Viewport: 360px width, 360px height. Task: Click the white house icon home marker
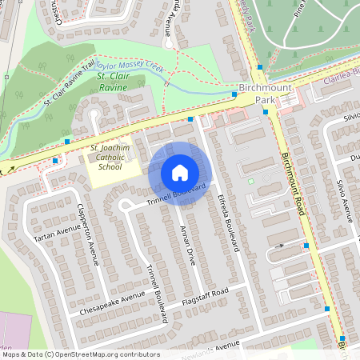pyautogui.click(x=180, y=173)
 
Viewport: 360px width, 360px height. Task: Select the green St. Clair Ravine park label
pyautogui.click(x=114, y=81)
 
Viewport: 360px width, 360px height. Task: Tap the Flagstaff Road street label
pyautogui.click(x=204, y=294)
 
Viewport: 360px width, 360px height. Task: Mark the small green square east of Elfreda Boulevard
pyautogui.click(x=250, y=181)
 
